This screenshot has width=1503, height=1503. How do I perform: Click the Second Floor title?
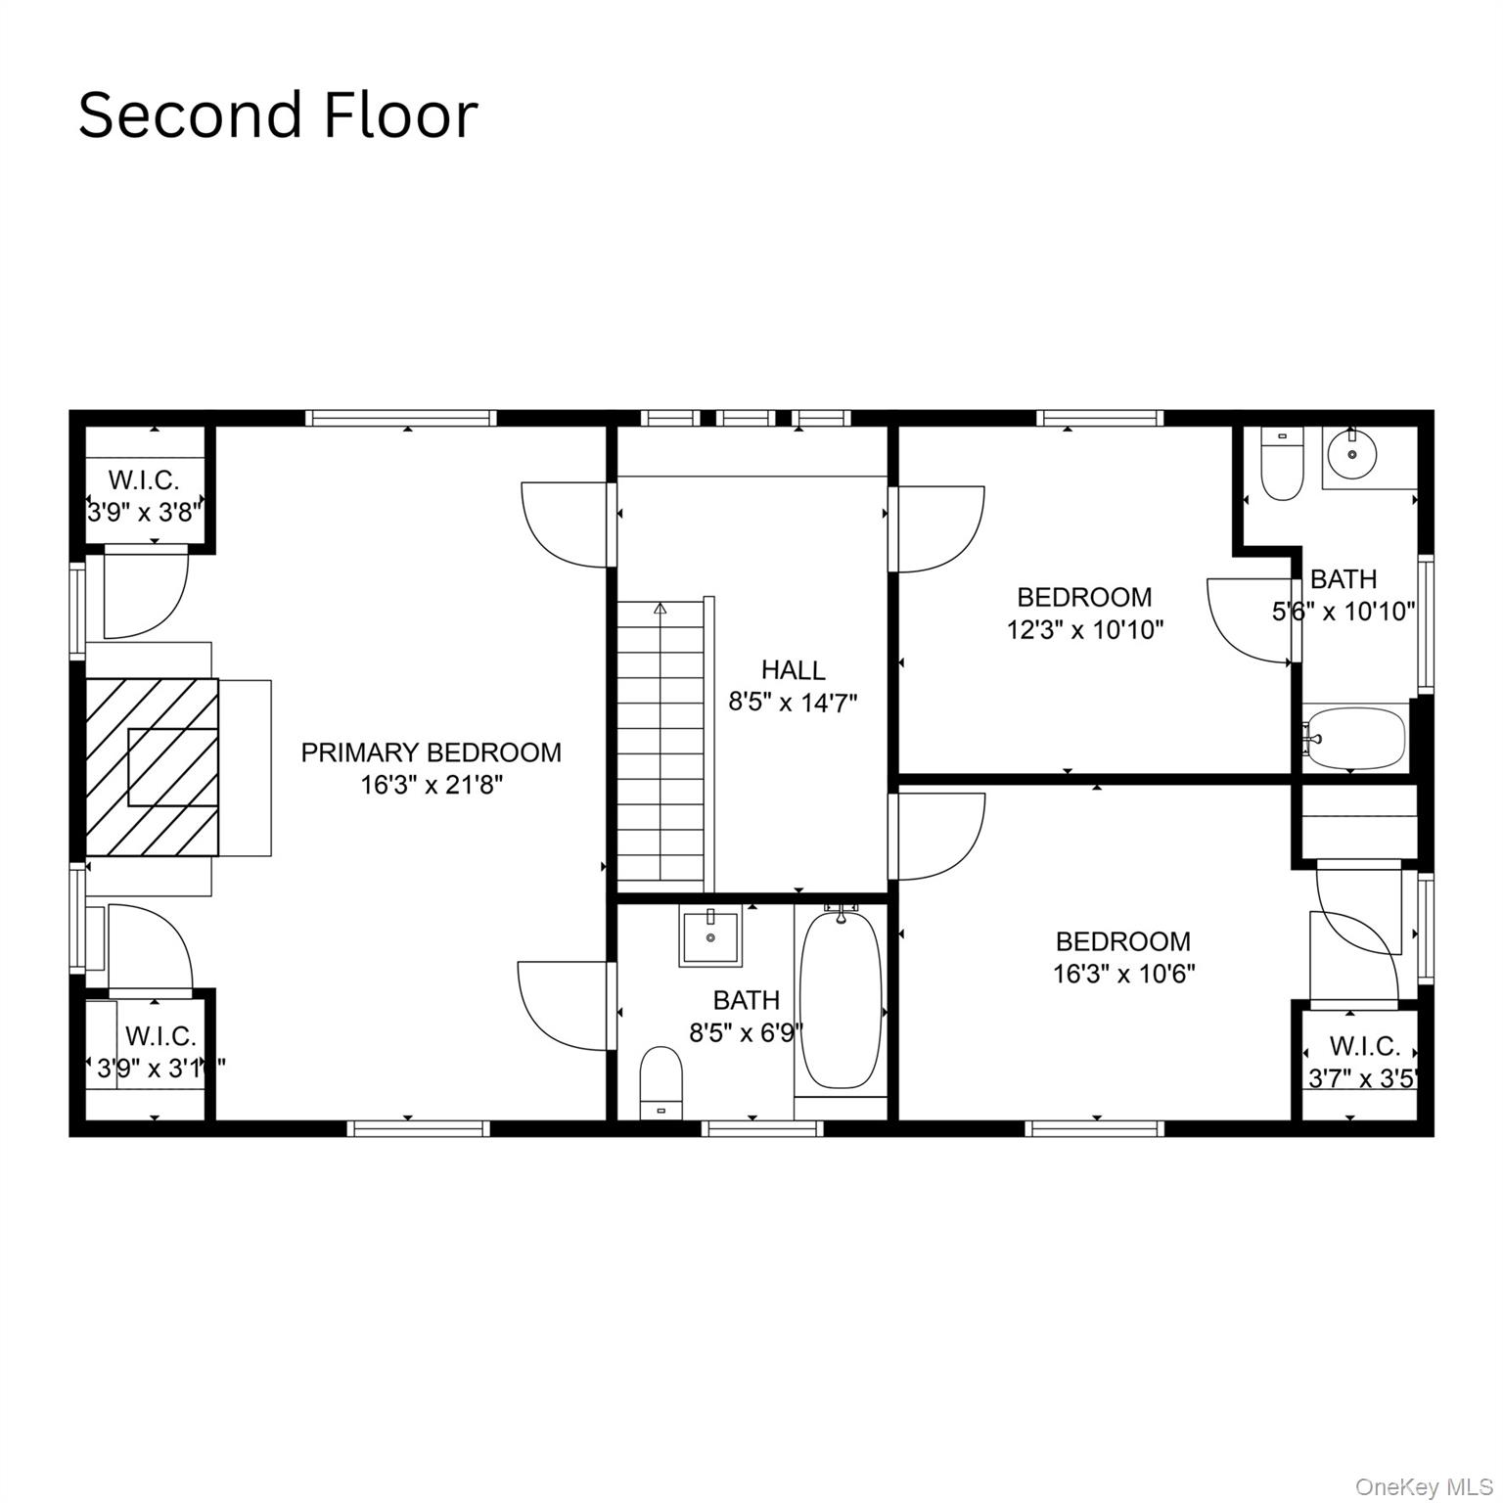click(278, 115)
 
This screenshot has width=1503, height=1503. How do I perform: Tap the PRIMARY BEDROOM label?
click(431, 752)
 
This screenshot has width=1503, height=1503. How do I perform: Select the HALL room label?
click(793, 670)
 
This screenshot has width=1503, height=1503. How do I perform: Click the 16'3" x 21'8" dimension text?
click(431, 785)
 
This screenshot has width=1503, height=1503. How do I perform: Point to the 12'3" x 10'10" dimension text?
click(1084, 629)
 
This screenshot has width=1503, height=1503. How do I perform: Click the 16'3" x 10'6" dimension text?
click(1123, 974)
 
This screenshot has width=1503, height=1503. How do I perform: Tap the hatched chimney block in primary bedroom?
click(153, 766)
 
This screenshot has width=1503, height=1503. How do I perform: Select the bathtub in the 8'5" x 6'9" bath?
click(841, 998)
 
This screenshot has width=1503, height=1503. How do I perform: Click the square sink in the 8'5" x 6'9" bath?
click(710, 936)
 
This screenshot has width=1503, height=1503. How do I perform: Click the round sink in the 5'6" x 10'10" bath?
click(1352, 454)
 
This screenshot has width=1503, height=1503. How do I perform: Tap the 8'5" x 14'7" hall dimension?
click(793, 703)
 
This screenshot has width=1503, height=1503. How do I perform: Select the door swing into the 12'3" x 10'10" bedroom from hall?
click(939, 528)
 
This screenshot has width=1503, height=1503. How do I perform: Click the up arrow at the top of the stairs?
click(660, 608)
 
